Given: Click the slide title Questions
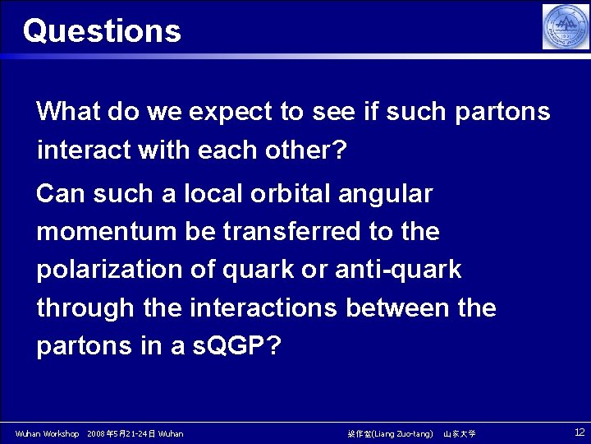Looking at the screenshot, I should pos(102,31).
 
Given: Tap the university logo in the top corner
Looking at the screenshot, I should pos(566,26).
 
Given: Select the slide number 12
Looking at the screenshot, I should pos(579,432).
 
